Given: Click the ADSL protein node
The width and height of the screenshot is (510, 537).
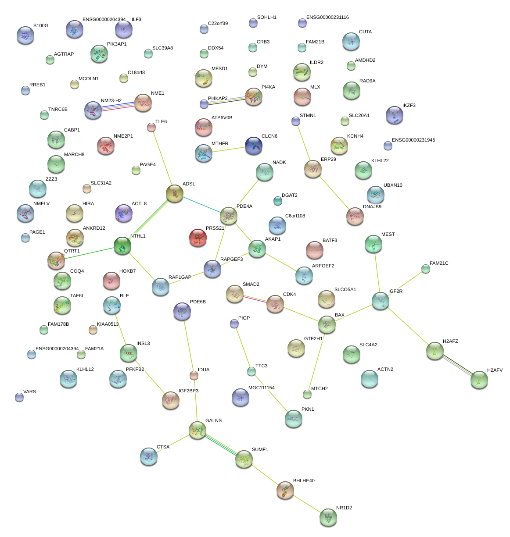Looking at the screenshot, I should point(175,193).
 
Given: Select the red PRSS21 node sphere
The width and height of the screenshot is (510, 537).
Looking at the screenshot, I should point(198,238).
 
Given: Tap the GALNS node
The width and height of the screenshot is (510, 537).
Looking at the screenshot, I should point(198,430).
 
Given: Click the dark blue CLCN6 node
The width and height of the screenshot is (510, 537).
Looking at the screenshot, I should point(254,146).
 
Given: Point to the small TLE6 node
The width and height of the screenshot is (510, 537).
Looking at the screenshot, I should point(151,127).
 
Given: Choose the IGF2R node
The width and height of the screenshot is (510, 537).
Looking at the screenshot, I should point(381,301).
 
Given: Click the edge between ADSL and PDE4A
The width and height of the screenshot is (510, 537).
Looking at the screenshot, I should point(201,205).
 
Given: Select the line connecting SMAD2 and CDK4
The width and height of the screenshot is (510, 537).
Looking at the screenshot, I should point(255,299).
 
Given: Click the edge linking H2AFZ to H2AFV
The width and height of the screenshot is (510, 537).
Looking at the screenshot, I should point(457,365).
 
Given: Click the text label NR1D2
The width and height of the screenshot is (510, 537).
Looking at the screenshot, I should point(344,508).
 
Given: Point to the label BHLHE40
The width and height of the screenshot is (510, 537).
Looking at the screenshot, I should point(304,481).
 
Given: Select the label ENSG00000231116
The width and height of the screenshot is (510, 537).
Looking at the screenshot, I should point(327,18).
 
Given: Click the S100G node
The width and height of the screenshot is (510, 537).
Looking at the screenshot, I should point(25,35).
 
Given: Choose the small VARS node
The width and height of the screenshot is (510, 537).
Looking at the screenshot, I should point(19,397).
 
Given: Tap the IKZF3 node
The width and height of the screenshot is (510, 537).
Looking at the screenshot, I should point(394,115).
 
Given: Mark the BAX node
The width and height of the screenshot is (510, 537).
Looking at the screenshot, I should point(327,324).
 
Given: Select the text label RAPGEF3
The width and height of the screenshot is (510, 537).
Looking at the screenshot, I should point(231,260).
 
